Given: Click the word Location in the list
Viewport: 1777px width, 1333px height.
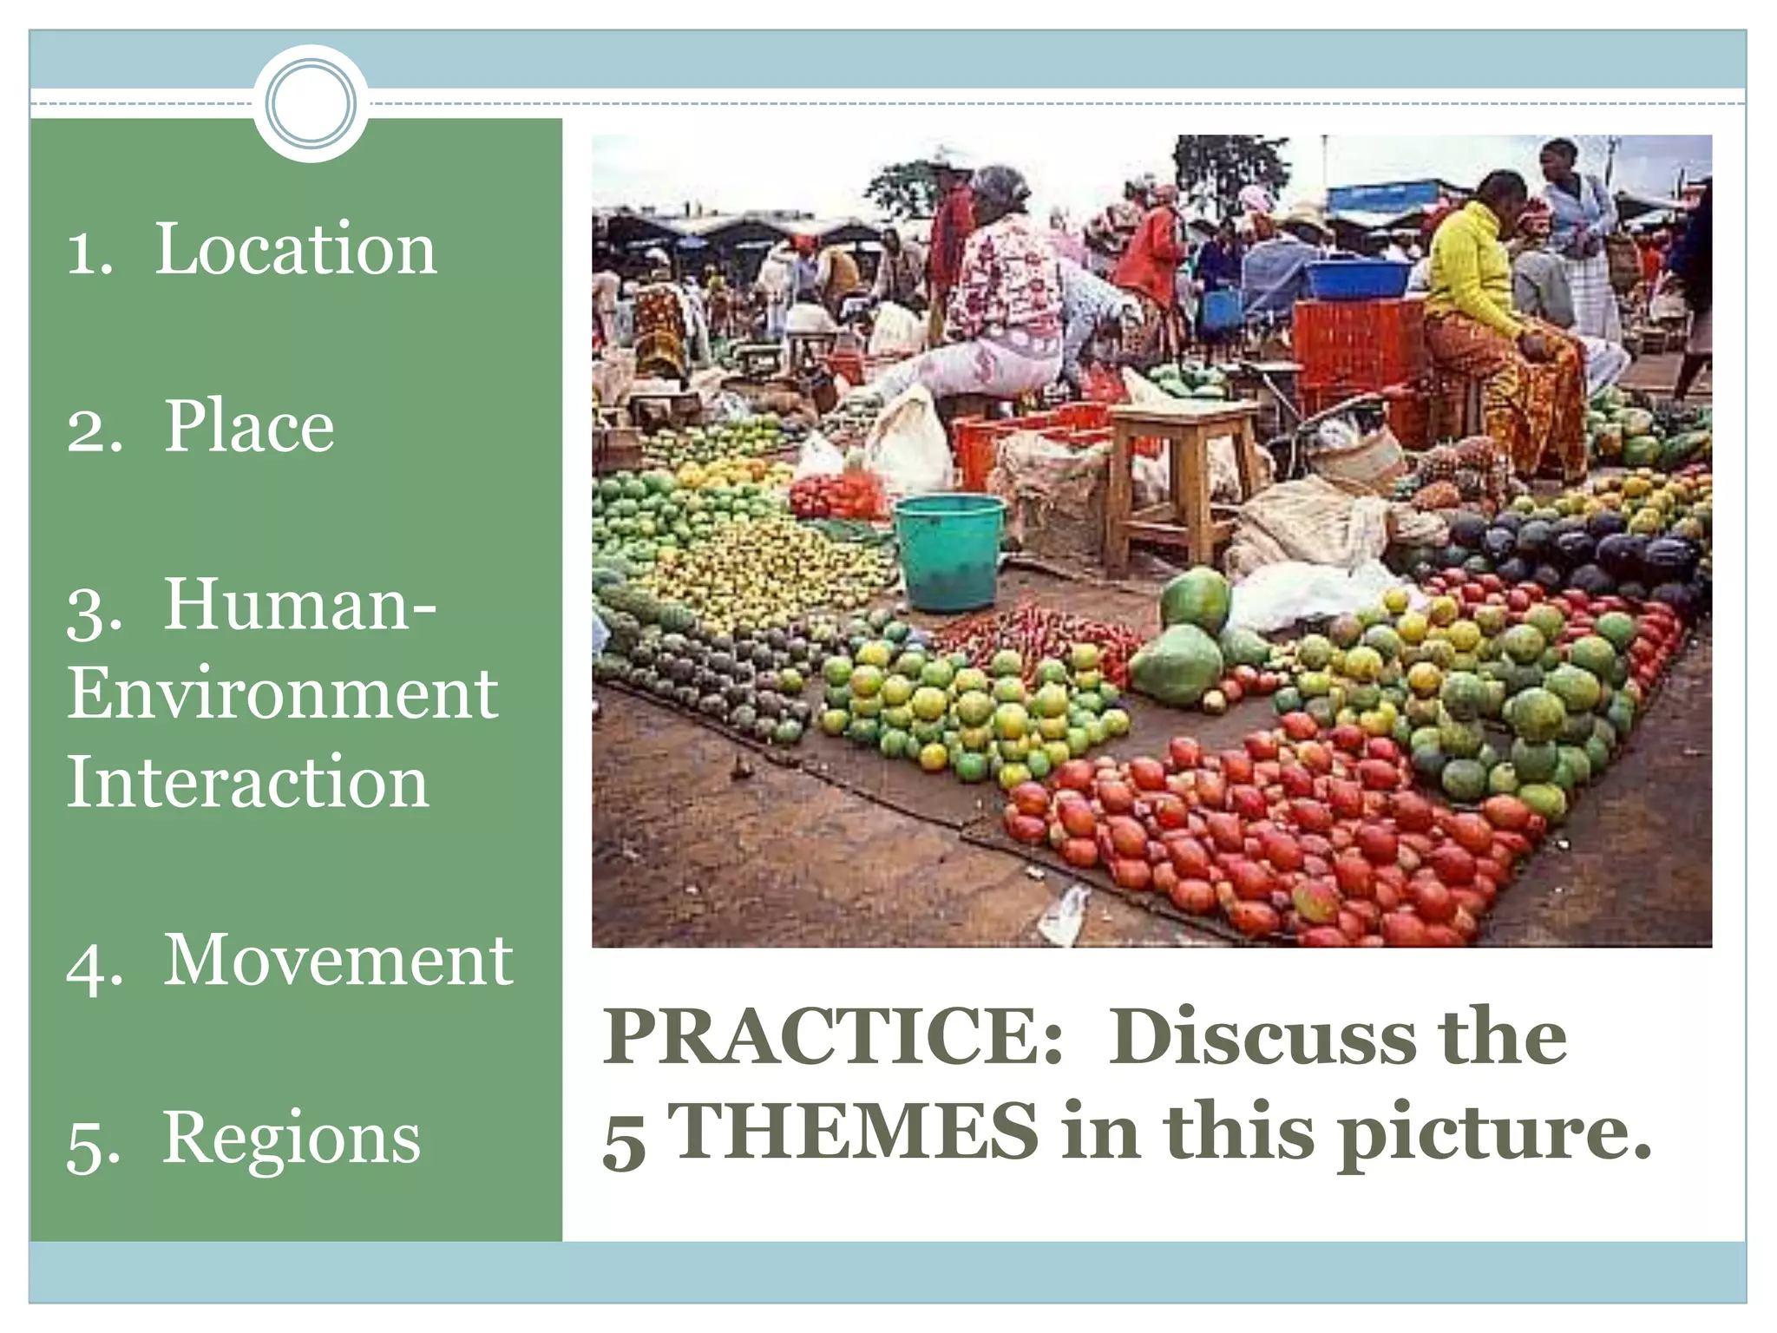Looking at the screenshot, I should [295, 249].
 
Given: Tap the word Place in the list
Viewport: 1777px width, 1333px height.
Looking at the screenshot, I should [249, 426].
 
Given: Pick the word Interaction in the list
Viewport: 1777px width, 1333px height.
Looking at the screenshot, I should [248, 782].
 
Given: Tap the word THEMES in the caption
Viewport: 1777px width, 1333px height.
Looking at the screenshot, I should [856, 1132].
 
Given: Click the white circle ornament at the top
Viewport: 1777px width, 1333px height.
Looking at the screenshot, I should [311, 103].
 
